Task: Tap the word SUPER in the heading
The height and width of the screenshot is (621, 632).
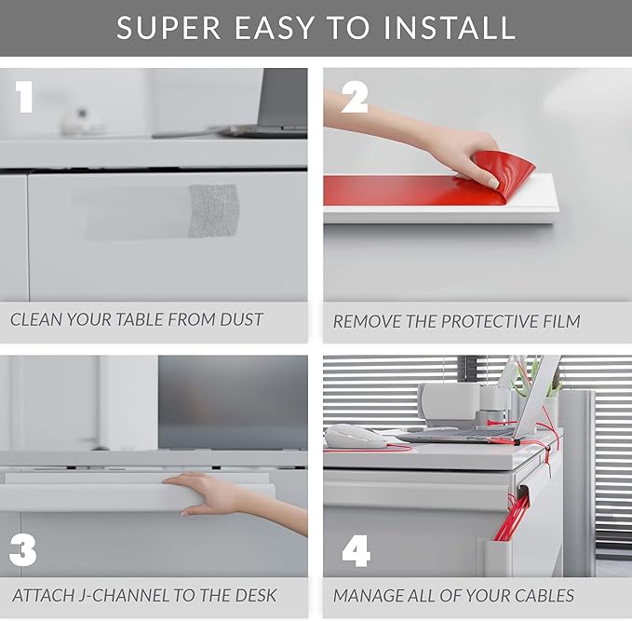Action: pyautogui.click(x=168, y=28)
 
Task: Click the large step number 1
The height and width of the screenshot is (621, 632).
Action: pyautogui.click(x=24, y=97)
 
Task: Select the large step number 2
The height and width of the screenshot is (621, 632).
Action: pyautogui.click(x=355, y=97)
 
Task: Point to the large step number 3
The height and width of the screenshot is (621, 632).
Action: pyautogui.click(x=23, y=550)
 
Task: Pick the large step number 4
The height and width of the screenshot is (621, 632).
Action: pyautogui.click(x=356, y=551)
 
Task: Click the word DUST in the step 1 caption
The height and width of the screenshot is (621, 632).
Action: pyautogui.click(x=241, y=319)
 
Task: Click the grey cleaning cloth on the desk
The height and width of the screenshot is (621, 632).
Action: pyautogui.click(x=214, y=211)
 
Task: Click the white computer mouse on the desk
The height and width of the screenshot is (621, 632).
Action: pyautogui.click(x=356, y=437)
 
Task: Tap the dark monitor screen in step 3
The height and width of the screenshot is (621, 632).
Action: pyautogui.click(x=233, y=402)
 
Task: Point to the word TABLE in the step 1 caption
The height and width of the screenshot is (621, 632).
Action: pyautogui.click(x=140, y=319)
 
